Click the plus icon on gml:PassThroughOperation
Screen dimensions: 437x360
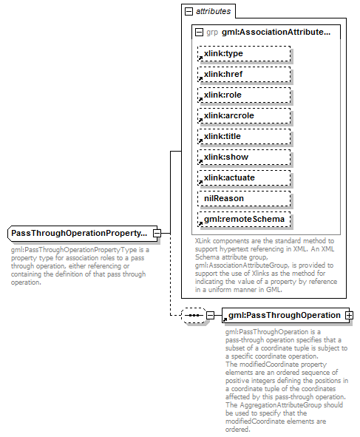[349, 315]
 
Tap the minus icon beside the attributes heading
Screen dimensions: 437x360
[189, 12]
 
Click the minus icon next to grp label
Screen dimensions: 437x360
[199, 33]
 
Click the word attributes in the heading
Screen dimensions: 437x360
[214, 12]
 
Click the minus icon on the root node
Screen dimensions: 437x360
[157, 234]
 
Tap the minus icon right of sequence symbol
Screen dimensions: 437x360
[211, 315]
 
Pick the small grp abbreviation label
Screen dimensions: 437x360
[212, 33]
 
